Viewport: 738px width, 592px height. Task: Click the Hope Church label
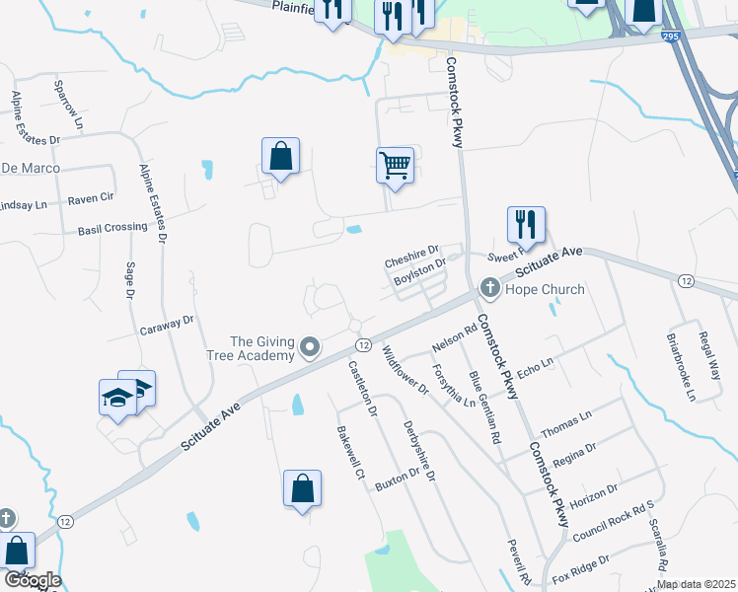coord(545,289)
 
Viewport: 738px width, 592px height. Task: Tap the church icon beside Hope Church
coord(488,288)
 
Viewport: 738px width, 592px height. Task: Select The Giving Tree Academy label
coord(261,347)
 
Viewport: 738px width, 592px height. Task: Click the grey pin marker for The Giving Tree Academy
coord(311,346)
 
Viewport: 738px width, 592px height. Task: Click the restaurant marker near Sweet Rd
coord(526,224)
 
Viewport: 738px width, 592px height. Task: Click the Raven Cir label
coord(92,198)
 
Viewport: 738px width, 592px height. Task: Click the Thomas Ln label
coord(566,424)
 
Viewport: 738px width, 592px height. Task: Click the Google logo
coord(32,580)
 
